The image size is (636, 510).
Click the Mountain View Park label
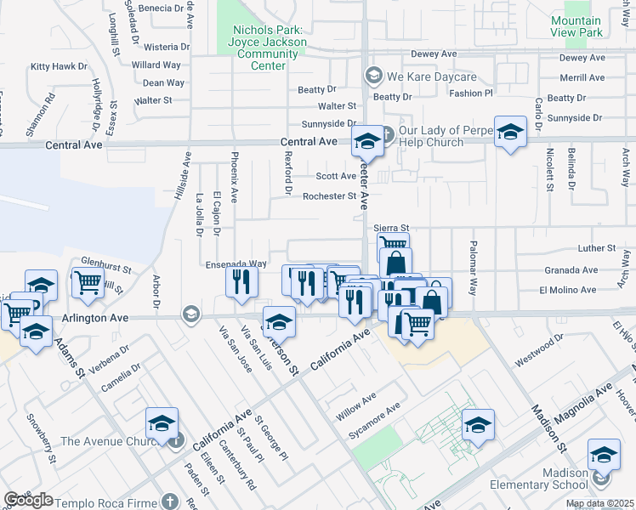(x=576, y=26)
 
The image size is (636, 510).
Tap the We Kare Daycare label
(x=417, y=76)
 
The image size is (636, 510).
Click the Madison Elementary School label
(x=538, y=479)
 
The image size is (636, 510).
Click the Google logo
(x=28, y=500)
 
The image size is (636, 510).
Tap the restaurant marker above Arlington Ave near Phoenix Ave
(x=242, y=280)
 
